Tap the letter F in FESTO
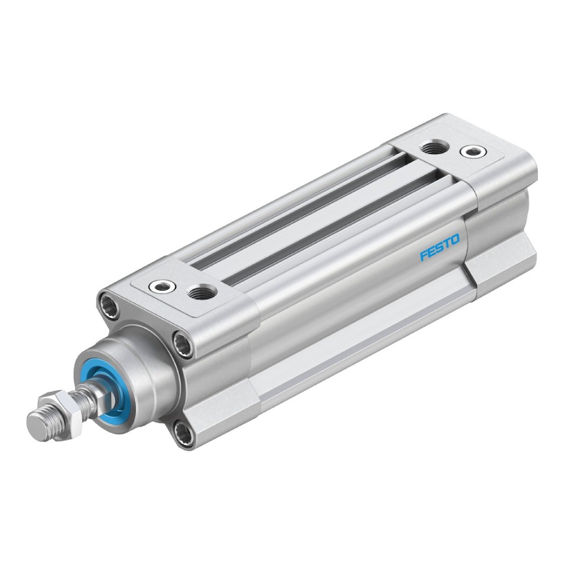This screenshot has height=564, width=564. click(x=424, y=255)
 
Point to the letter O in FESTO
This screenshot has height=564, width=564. click(x=455, y=240)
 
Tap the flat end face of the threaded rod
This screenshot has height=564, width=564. click(x=39, y=426)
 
